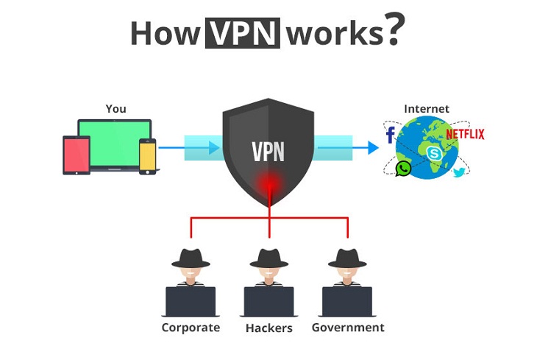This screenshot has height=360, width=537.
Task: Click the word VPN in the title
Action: point(243,32)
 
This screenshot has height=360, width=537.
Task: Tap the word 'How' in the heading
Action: point(166,33)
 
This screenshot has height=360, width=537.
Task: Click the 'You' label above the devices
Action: point(115,109)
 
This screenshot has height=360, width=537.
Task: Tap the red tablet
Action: point(75,154)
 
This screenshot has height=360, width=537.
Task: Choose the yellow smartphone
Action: point(149,155)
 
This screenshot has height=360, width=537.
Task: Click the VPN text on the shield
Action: point(268,151)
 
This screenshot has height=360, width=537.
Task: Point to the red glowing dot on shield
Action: point(269,183)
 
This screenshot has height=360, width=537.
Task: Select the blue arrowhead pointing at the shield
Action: point(214,147)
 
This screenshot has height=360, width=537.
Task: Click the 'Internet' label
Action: point(427,109)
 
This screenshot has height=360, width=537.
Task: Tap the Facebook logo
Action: point(390,135)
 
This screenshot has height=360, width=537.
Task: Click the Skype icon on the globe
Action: point(434,153)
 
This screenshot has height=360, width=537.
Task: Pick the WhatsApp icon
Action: point(403,169)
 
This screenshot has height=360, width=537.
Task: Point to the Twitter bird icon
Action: point(459,172)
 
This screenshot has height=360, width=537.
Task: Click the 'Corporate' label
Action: point(191,327)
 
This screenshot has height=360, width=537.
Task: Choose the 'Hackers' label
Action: point(269,328)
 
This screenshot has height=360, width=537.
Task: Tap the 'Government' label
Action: point(348,327)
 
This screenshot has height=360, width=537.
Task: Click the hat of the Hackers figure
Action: point(269,257)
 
